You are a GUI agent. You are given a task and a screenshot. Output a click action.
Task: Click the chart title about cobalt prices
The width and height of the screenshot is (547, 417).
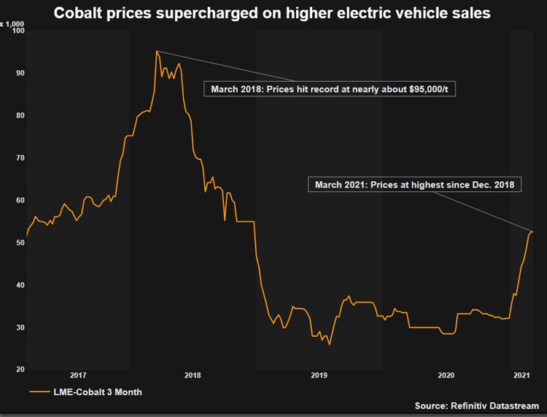click(x=273, y=12)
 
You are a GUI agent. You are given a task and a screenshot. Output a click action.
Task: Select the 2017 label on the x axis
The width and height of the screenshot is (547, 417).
click(x=78, y=375)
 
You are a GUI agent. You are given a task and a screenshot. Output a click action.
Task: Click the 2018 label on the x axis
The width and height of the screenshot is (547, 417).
click(x=193, y=375)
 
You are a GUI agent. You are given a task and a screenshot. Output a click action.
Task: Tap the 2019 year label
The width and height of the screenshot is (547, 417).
click(x=319, y=375)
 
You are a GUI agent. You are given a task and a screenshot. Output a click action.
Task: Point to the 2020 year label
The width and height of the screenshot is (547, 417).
click(x=446, y=375)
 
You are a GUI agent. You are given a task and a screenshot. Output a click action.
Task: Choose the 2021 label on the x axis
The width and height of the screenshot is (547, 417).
click(x=521, y=375)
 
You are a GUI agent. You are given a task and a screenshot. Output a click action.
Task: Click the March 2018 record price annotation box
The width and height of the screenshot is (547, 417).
click(x=329, y=89)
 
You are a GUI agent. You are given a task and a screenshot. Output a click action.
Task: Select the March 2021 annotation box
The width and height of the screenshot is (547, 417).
click(x=415, y=185)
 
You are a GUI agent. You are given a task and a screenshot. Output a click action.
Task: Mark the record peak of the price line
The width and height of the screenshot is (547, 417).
click(x=157, y=51)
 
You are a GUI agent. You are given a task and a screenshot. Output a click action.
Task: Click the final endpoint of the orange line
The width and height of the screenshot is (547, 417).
click(x=532, y=232)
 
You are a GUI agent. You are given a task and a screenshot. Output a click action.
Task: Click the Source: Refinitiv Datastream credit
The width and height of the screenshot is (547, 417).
click(x=476, y=405)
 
